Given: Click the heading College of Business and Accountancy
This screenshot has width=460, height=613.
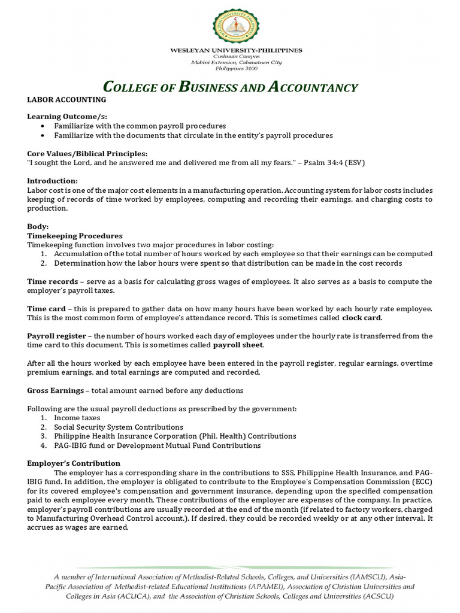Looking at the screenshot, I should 231,87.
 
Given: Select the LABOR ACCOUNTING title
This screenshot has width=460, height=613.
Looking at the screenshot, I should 66,99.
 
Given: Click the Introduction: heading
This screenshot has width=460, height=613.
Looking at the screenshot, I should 53,181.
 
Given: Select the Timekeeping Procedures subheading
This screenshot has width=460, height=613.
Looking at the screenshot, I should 75,236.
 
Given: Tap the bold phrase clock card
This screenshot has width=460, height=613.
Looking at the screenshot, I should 361,317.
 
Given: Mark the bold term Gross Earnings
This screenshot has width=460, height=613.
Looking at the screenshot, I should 56,390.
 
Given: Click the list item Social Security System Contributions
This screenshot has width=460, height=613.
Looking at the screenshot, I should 119,427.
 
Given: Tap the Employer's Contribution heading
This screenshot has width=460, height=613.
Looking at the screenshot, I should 74,463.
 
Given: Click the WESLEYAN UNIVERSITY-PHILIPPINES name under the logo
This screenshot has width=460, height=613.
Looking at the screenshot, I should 236,50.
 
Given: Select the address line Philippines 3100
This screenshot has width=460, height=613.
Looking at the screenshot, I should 236,68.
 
